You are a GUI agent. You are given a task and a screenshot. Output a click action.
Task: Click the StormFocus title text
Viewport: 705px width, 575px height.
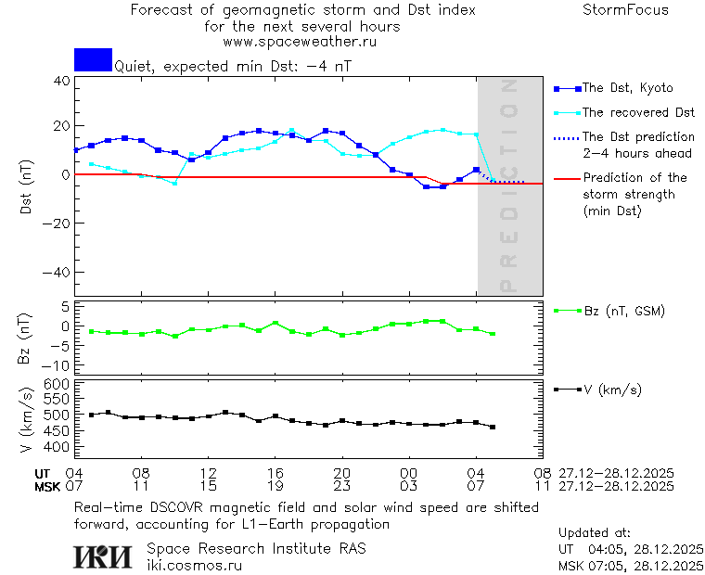(x=625, y=10)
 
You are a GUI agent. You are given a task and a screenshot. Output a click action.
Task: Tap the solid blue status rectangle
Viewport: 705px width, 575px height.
(x=93, y=59)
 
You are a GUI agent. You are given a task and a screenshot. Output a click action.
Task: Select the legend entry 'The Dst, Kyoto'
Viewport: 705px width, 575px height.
(x=627, y=88)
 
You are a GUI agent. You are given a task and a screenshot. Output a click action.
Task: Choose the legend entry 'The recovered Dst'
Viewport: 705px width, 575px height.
(x=637, y=112)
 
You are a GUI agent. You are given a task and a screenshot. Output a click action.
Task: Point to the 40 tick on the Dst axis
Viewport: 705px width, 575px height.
(x=62, y=81)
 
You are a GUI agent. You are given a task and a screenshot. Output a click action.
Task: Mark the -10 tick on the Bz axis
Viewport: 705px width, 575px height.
(x=58, y=364)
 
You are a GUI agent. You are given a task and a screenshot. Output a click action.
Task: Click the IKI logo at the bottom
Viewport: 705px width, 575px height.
(x=102, y=556)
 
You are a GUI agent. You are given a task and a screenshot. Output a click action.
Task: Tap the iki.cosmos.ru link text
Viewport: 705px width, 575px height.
(x=194, y=565)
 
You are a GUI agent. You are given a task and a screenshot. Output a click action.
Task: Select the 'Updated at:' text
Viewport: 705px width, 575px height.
(x=595, y=533)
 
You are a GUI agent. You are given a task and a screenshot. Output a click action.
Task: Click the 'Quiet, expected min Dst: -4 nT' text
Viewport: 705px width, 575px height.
(x=232, y=66)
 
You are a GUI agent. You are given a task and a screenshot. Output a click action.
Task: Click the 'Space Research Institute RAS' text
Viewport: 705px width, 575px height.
(x=256, y=548)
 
